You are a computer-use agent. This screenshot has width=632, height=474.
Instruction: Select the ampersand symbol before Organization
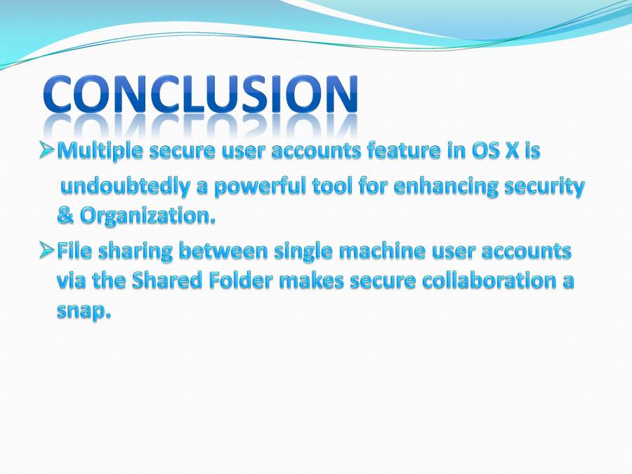pos(65,216)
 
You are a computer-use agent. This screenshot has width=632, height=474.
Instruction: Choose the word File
pos(73,250)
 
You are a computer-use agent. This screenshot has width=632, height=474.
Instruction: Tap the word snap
pos(84,311)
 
